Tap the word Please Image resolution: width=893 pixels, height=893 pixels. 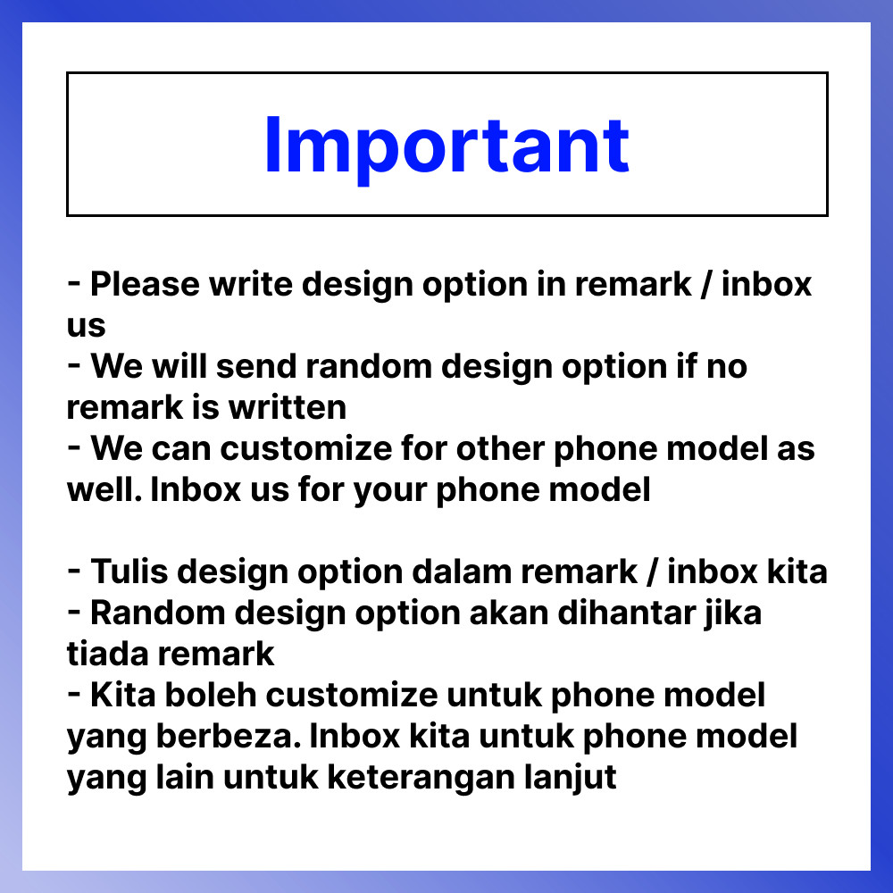click(146, 284)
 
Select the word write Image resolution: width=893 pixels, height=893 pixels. click(251, 284)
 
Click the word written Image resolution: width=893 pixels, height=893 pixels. click(288, 407)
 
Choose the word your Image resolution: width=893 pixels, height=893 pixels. click(390, 490)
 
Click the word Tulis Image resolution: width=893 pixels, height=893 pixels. click(129, 572)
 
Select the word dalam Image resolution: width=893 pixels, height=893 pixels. click(462, 572)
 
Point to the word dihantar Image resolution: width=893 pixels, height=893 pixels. click(627, 613)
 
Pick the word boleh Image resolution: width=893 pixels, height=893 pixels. click(211, 695)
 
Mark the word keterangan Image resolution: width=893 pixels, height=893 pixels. click(421, 778)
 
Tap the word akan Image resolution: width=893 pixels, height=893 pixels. click(509, 613)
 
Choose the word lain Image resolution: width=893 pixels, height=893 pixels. click(185, 777)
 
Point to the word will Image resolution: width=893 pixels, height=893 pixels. click(179, 365)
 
